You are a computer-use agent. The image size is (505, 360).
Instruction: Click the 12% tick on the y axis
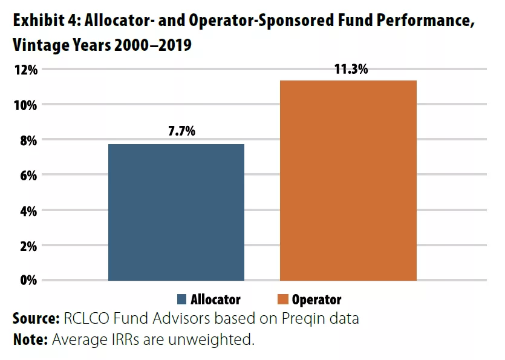point(25,70)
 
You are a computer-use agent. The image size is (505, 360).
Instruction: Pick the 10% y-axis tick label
point(25,105)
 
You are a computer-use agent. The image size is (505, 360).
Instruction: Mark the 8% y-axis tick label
point(28,140)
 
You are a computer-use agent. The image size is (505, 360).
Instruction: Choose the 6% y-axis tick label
point(28,175)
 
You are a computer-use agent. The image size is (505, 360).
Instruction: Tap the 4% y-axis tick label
point(28,211)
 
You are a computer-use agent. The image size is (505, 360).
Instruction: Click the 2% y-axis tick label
point(28,246)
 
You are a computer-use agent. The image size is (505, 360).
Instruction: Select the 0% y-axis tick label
point(28,281)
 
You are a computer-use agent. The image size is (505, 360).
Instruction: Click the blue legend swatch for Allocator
point(182,299)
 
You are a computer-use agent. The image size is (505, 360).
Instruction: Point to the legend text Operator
point(316,299)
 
